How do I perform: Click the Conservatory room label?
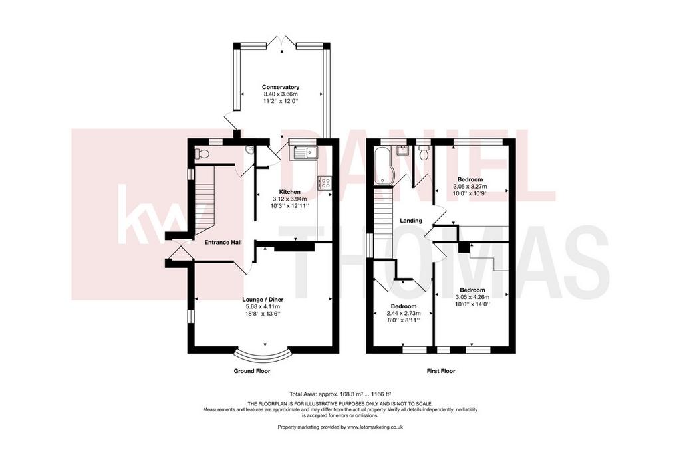(x=281, y=87)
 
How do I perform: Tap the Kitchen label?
(x=290, y=192)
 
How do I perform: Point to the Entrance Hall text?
(x=223, y=242)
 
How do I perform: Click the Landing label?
(x=411, y=221)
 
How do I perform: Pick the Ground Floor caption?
(x=252, y=371)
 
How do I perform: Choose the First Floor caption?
(x=440, y=371)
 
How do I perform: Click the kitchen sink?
(x=305, y=152)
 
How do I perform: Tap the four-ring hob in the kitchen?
(x=325, y=183)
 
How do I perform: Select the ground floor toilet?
(x=201, y=153)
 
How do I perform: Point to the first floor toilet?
(x=424, y=152)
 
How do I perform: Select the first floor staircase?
(x=384, y=223)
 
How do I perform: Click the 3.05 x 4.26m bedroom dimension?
(x=472, y=297)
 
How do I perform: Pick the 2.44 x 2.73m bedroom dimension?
(x=404, y=313)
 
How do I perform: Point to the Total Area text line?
(x=340, y=394)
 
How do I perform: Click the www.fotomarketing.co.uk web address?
(x=375, y=427)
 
